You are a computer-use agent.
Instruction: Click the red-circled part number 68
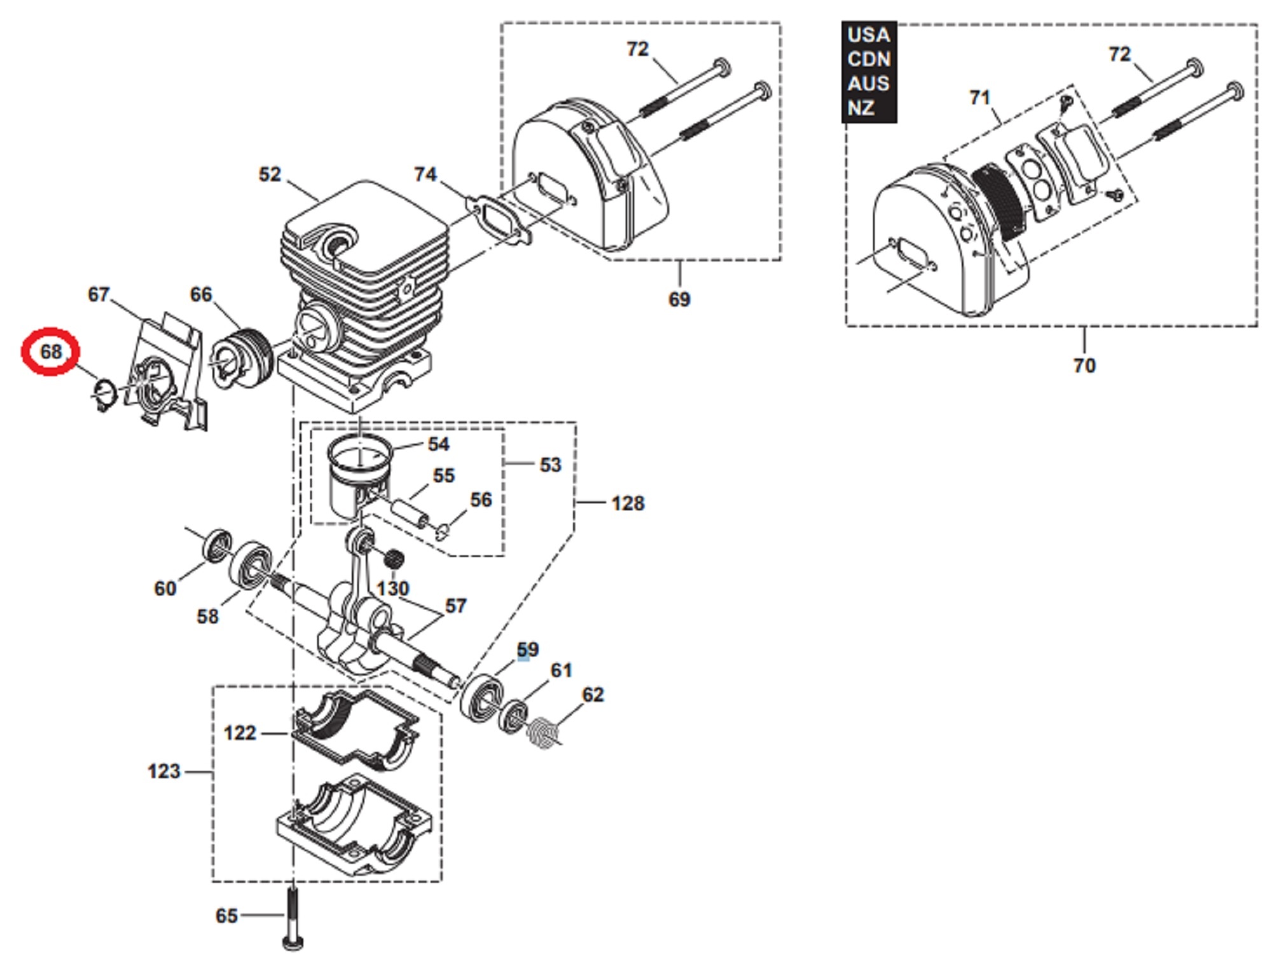(51, 351)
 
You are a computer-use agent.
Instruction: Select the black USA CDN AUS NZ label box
(868, 71)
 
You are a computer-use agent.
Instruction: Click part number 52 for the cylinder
(270, 175)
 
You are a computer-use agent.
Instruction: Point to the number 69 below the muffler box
(679, 299)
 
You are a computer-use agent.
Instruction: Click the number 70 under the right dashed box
(1084, 365)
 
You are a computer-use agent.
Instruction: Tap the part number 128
(628, 503)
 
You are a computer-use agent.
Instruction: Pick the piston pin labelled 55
(411, 512)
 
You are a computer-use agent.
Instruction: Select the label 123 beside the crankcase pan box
(164, 772)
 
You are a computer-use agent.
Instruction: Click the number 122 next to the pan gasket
(240, 733)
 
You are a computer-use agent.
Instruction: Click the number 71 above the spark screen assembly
(980, 98)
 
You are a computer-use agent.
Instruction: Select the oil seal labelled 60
(216, 545)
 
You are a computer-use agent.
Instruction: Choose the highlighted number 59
(527, 650)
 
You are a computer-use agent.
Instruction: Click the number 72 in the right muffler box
(1119, 55)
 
